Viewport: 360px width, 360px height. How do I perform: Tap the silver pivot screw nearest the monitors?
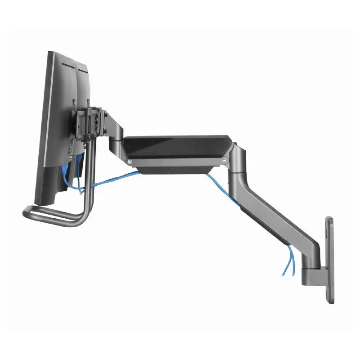[130, 161]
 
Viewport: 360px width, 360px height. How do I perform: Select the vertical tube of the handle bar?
[90, 180]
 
